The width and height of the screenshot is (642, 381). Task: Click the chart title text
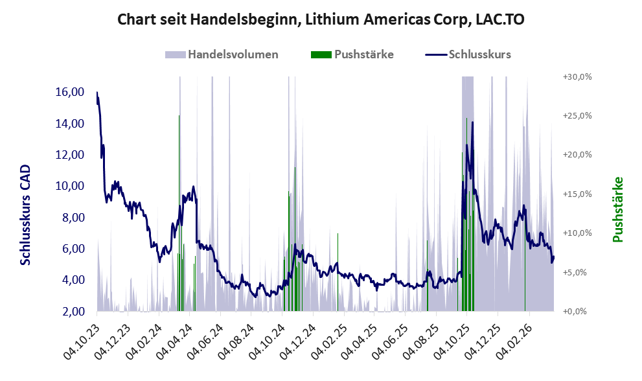click(321, 20)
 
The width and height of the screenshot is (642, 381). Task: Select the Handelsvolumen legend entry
click(233, 54)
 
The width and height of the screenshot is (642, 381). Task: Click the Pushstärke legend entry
click(362, 54)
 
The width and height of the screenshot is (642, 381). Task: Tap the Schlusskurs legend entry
click(479, 54)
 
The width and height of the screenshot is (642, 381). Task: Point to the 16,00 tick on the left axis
click(70, 92)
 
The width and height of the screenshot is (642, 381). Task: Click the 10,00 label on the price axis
click(70, 186)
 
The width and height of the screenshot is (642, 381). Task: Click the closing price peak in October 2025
click(472, 122)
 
